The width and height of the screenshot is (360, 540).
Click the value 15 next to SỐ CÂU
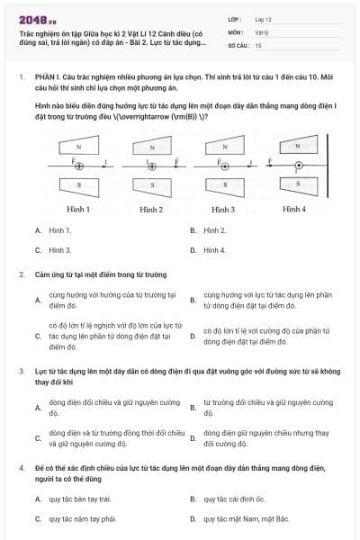pos(259,44)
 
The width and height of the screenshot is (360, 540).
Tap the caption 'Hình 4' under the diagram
pos(294,210)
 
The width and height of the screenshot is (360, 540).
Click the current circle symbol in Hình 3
pos(224,166)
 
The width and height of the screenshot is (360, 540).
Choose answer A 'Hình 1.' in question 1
pos(60,230)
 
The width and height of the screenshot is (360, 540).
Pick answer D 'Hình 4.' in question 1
pos(214,249)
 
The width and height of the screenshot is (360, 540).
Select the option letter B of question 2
pos(193,300)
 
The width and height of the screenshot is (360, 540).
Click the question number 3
pos(21,370)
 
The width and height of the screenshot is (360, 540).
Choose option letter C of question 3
pos(38,438)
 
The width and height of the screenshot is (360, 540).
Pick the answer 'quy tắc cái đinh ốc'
pos(236,498)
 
